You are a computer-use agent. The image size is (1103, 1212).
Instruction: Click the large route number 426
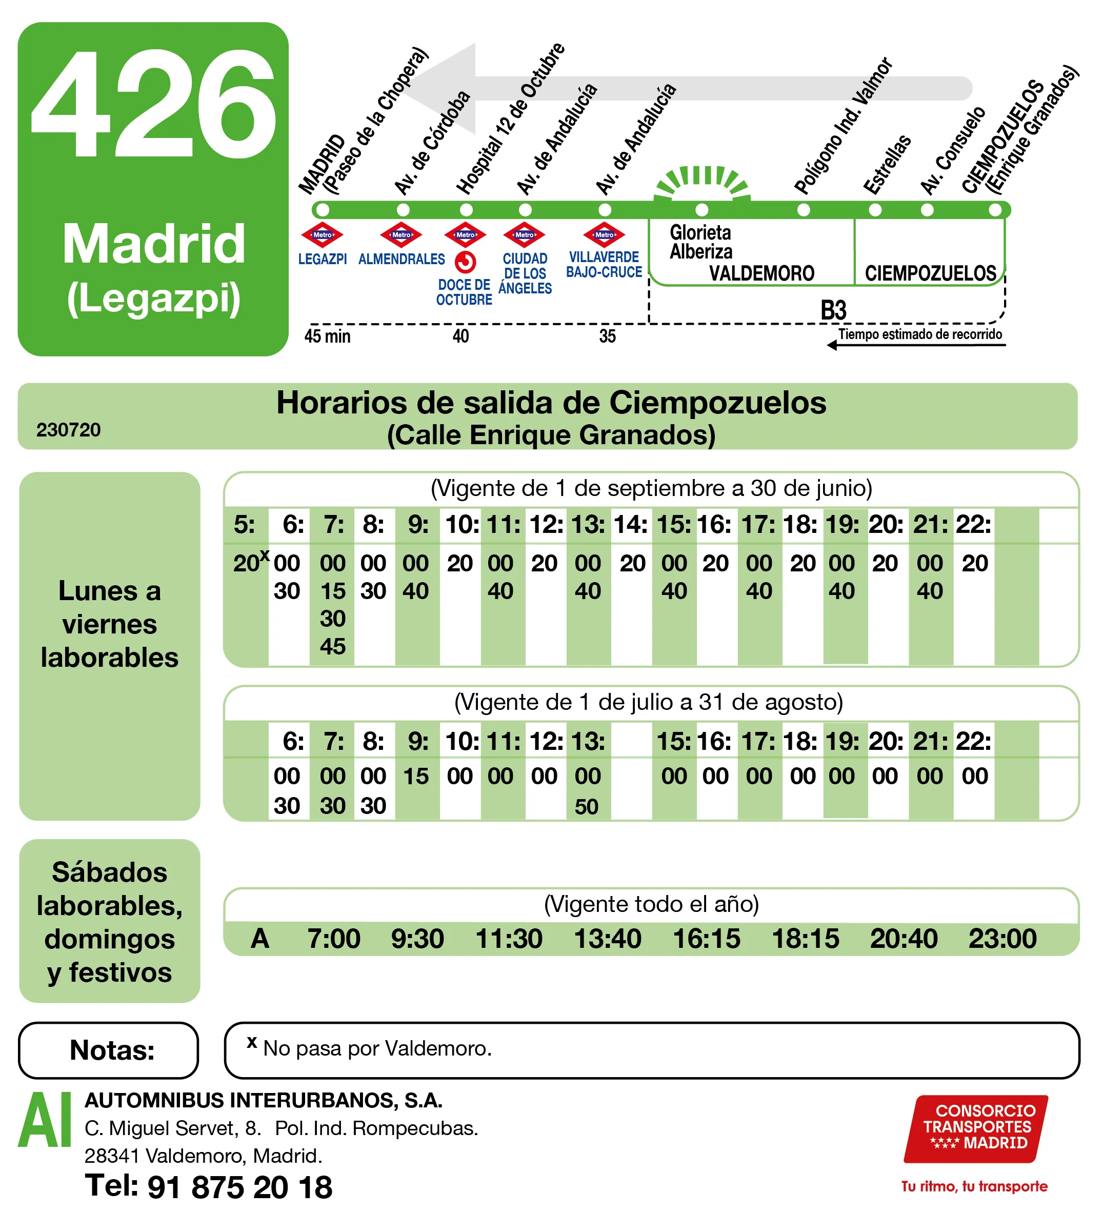(x=153, y=105)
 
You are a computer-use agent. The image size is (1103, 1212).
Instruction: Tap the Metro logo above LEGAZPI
(x=322, y=235)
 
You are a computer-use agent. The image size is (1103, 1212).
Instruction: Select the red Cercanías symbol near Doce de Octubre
(x=465, y=263)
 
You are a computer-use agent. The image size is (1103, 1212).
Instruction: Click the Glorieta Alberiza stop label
(x=701, y=242)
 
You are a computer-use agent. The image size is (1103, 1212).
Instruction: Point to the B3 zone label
(x=833, y=310)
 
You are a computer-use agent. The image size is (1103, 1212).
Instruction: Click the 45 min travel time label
(x=327, y=336)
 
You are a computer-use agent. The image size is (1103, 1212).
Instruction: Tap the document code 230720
(x=69, y=430)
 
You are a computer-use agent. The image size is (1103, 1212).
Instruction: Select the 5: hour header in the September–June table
(x=244, y=525)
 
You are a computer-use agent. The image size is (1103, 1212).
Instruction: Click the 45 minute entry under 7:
(x=332, y=647)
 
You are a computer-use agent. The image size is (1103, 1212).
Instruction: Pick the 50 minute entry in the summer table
(x=587, y=807)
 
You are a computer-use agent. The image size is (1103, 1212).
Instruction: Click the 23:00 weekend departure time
(x=1002, y=939)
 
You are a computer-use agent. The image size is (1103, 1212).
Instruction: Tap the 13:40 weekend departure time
(x=607, y=939)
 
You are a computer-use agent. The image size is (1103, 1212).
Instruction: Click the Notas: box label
(x=112, y=1050)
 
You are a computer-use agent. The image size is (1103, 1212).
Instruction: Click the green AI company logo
(x=45, y=1119)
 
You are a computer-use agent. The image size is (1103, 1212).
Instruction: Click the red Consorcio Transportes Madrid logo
(x=976, y=1128)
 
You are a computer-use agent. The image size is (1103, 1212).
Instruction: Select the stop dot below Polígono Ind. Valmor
(x=803, y=210)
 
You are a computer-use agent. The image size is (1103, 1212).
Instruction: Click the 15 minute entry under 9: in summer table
(x=416, y=776)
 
